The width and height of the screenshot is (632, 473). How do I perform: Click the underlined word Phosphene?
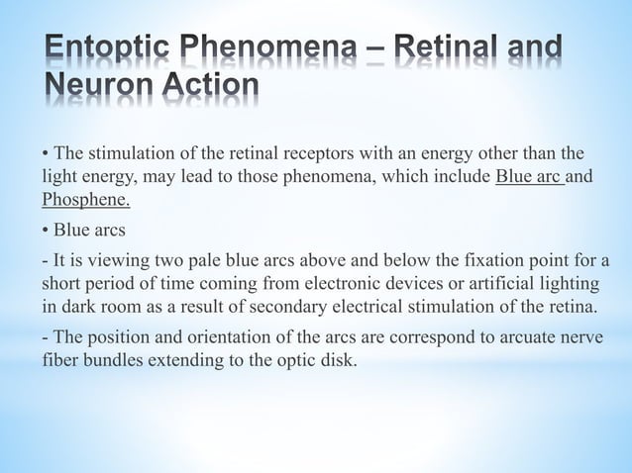coord(86,201)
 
